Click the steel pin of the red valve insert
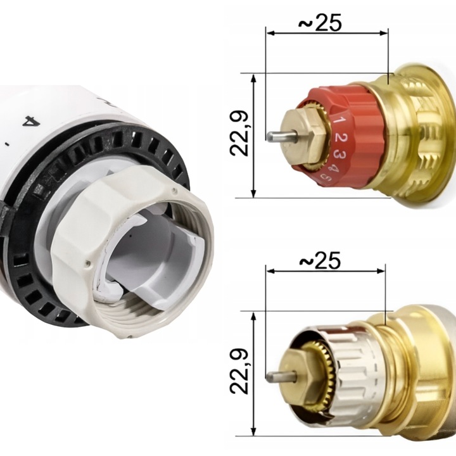pyautogui.click(x=275, y=136)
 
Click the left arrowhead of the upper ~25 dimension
pyautogui.click(x=269, y=32)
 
